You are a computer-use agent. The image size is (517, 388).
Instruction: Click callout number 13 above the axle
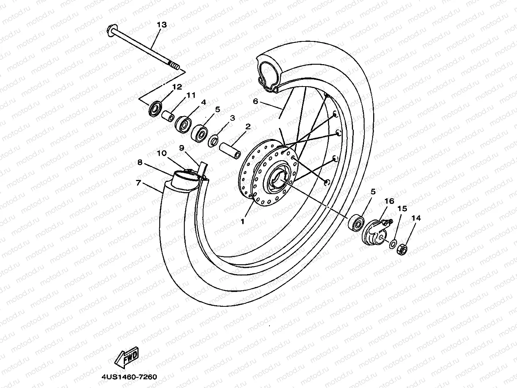click(161, 25)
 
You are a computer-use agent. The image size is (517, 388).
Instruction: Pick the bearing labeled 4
click(184, 124)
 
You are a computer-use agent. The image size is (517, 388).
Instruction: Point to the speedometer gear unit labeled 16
click(375, 232)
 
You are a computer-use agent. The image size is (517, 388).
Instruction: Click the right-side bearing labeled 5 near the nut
click(357, 222)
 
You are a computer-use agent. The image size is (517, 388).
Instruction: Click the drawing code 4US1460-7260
click(129, 377)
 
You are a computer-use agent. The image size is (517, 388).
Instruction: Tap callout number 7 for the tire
click(139, 183)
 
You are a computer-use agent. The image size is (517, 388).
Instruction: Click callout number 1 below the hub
click(243, 221)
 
